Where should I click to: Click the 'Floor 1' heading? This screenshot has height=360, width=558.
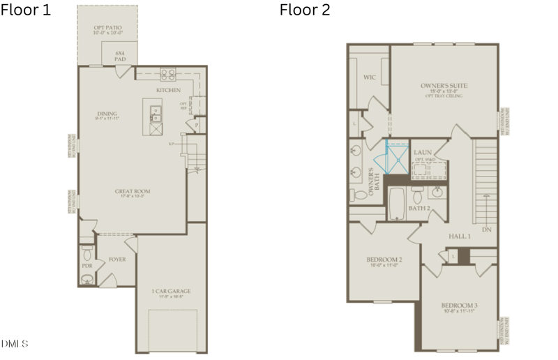(26, 10)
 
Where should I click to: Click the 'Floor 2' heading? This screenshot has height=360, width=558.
(305, 10)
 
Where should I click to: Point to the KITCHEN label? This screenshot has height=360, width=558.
(168, 91)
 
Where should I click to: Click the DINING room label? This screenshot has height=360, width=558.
(107, 114)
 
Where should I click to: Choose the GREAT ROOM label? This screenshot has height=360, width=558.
(133, 191)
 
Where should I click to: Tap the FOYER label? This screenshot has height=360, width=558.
(116, 260)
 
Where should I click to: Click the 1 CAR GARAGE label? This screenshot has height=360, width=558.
(171, 292)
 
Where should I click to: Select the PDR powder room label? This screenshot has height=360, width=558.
(87, 266)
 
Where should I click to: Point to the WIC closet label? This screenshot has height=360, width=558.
(369, 78)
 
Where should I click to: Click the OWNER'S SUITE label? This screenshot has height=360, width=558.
(444, 86)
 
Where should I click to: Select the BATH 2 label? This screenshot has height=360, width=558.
(418, 209)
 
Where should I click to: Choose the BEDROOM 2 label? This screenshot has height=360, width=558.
(384, 260)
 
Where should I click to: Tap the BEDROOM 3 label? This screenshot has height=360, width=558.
(459, 306)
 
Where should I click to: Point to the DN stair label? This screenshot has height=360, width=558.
(486, 228)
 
